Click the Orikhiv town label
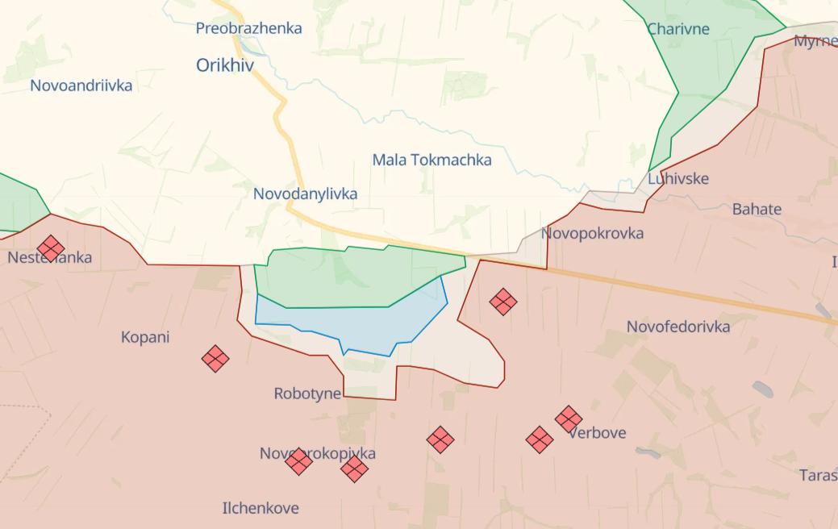(x=225, y=65)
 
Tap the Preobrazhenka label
(x=248, y=28)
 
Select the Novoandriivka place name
(x=81, y=85)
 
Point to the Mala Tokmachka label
(x=432, y=160)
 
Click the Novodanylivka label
(x=305, y=194)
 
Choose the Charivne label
(x=678, y=29)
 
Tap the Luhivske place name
(x=678, y=178)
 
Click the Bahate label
(x=757, y=209)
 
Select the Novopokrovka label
(x=593, y=233)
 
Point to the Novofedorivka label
(x=678, y=327)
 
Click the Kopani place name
(x=145, y=337)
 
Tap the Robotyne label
(x=307, y=394)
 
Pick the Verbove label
(x=598, y=433)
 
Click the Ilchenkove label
(x=261, y=508)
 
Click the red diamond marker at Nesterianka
(x=51, y=248)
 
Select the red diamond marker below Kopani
(x=215, y=359)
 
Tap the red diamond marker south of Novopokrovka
(x=503, y=302)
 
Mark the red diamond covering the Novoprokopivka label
(x=298, y=461)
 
